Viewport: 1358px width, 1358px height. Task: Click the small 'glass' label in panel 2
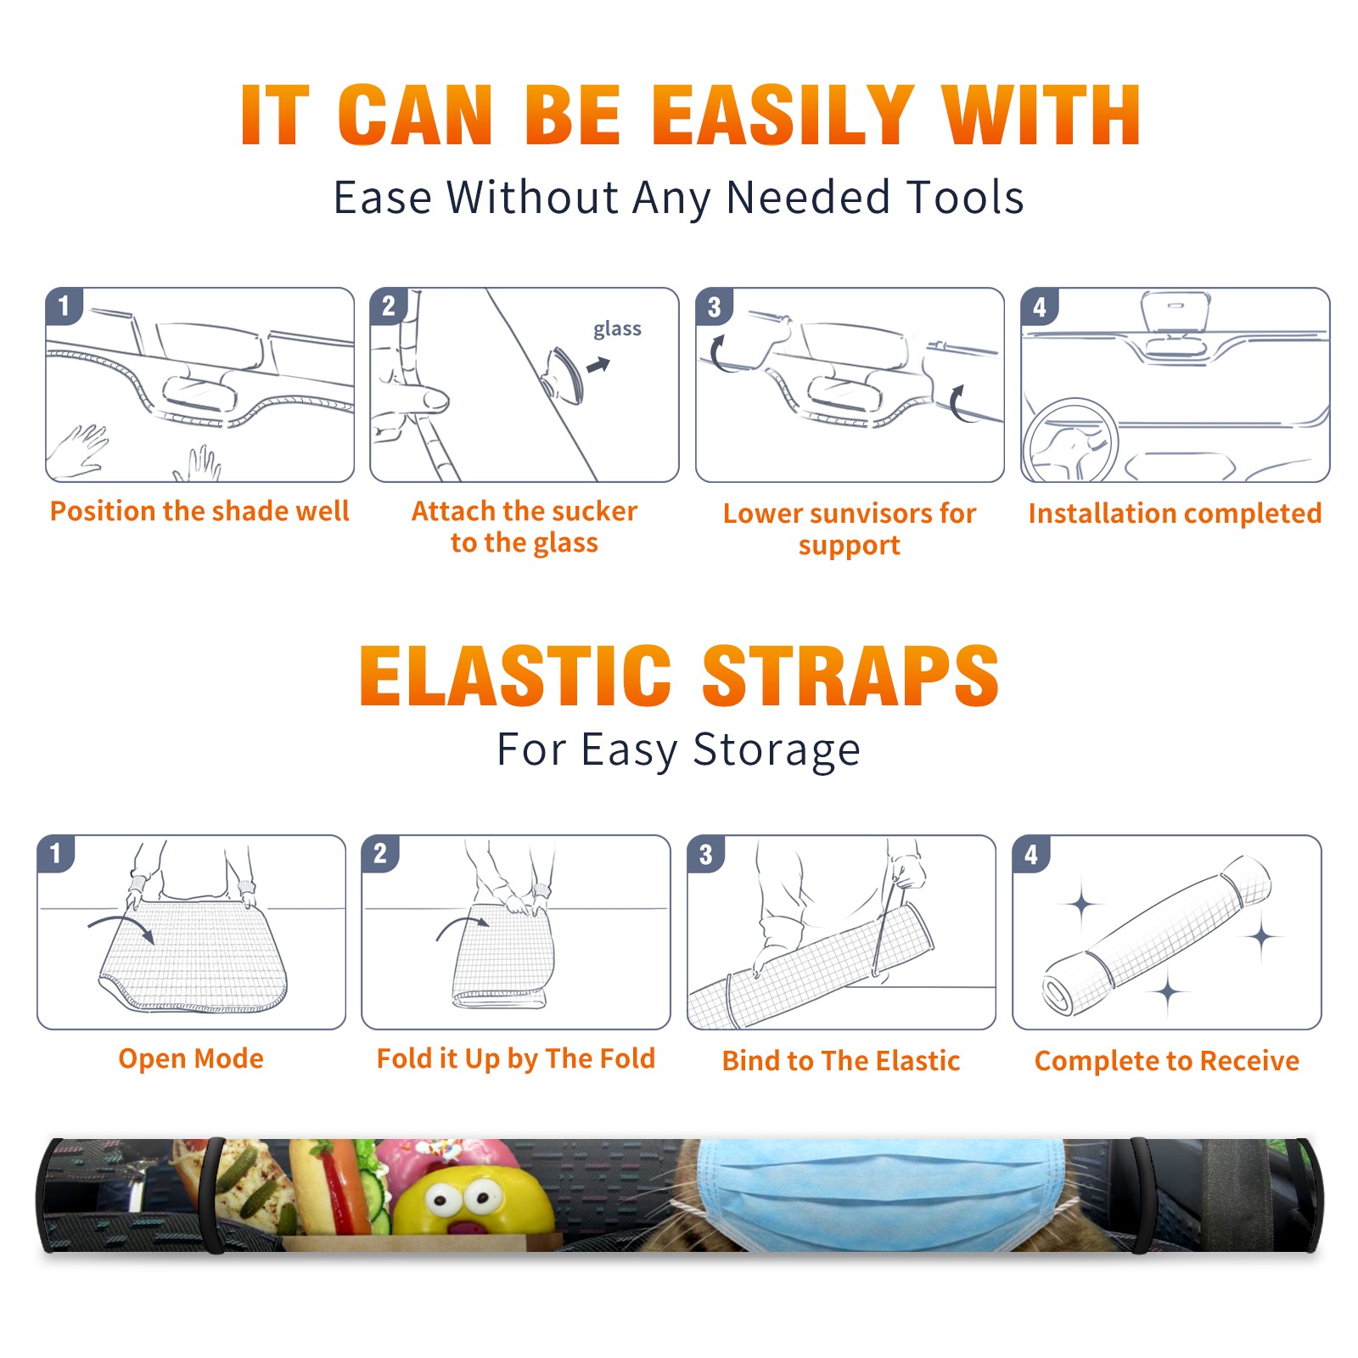pyautogui.click(x=617, y=329)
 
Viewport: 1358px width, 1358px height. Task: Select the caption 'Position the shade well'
pyautogui.click(x=199, y=511)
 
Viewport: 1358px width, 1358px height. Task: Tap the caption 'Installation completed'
pyautogui.click(x=1175, y=513)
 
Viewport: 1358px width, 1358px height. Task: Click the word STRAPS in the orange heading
pyautogui.click(x=850, y=676)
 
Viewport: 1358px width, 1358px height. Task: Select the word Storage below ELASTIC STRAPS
pyautogui.click(x=776, y=750)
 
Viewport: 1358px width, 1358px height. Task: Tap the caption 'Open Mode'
pyautogui.click(x=191, y=1059)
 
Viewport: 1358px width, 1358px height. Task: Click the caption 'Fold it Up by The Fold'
pyautogui.click(x=516, y=1059)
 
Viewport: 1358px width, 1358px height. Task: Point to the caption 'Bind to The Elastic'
pyautogui.click(x=841, y=1061)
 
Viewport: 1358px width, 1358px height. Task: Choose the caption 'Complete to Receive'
pyautogui.click(x=1167, y=1061)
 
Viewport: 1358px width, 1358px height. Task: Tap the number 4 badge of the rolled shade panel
pyautogui.click(x=1031, y=855)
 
